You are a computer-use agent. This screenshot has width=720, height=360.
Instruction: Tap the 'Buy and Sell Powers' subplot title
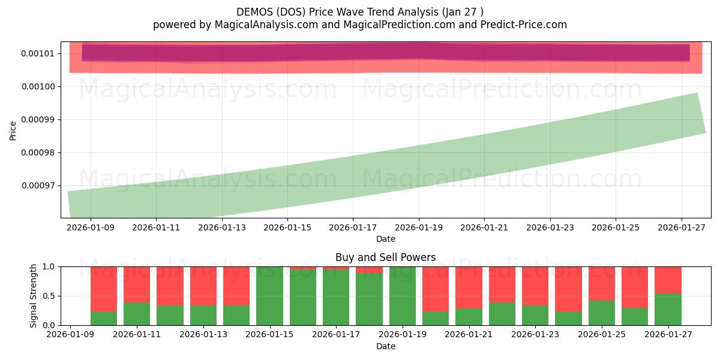tap(385, 257)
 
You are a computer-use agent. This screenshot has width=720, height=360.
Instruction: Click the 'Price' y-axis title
tap(13, 130)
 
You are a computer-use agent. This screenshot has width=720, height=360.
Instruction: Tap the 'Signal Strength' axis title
tap(34, 296)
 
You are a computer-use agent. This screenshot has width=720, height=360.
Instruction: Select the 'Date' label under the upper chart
tap(385, 239)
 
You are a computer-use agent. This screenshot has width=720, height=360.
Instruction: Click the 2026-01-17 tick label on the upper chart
tap(353, 227)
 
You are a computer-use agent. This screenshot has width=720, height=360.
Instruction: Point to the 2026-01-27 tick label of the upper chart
tap(681, 227)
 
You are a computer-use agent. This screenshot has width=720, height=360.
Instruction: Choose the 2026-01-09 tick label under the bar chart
tap(71, 335)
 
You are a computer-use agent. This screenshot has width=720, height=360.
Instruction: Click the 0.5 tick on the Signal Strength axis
tap(50, 296)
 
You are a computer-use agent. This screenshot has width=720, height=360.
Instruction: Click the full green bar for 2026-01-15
tap(269, 296)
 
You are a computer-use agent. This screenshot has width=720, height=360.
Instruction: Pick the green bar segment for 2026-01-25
tap(602, 313)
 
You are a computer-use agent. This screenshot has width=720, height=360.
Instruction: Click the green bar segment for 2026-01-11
tap(137, 314)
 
